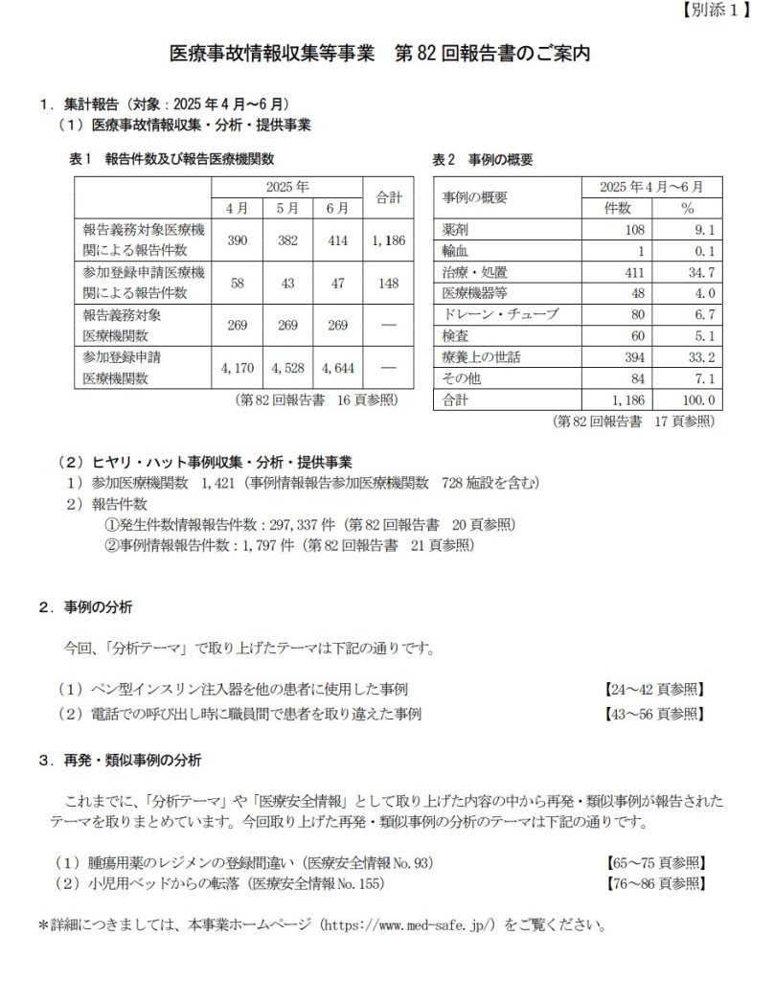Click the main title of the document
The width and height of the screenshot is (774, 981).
tap(379, 54)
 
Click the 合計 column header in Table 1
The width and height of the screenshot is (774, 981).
tap(387, 197)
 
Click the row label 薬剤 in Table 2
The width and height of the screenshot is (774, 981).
tap(455, 230)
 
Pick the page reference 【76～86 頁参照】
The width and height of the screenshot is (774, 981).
tap(656, 882)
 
